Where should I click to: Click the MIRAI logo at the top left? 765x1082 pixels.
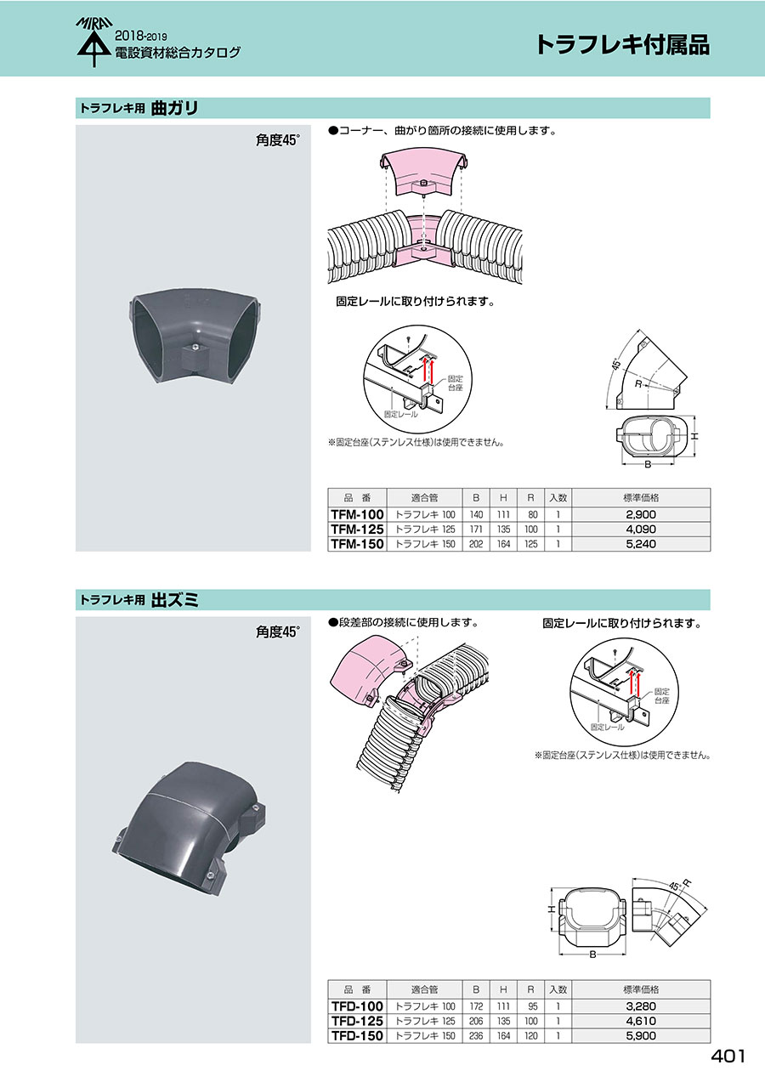pyautogui.click(x=93, y=42)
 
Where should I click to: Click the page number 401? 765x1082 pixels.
pyautogui.click(x=728, y=1057)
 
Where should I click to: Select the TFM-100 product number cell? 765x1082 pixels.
pyautogui.click(x=357, y=514)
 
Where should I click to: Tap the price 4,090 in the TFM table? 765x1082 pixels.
pyautogui.click(x=641, y=529)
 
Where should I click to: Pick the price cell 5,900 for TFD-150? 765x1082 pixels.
pyautogui.click(x=641, y=1035)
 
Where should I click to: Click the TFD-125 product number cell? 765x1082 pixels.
pyautogui.click(x=357, y=1021)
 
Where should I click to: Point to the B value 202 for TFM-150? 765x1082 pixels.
pyautogui.click(x=476, y=544)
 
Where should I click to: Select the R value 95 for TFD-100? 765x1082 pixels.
pyautogui.click(x=530, y=1006)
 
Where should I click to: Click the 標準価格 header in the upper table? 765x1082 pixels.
pyautogui.click(x=641, y=497)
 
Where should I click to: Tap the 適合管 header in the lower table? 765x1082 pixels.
pyautogui.click(x=424, y=989)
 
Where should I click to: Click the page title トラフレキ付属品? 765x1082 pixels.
pyautogui.click(x=622, y=44)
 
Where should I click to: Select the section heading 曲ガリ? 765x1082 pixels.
pyautogui.click(x=174, y=108)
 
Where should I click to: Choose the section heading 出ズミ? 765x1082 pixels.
pyautogui.click(x=174, y=600)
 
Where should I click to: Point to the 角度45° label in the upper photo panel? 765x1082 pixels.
pyautogui.click(x=278, y=140)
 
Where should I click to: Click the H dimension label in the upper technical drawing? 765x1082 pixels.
pyautogui.click(x=694, y=436)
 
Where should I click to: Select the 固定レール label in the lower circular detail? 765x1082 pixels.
pyautogui.click(x=607, y=727)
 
